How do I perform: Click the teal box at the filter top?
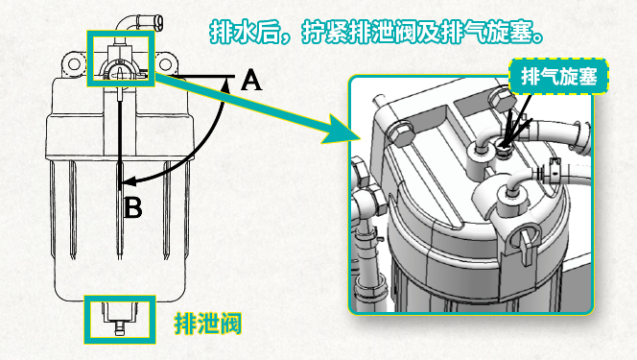(120, 58)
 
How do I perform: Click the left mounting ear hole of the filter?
(73, 66)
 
